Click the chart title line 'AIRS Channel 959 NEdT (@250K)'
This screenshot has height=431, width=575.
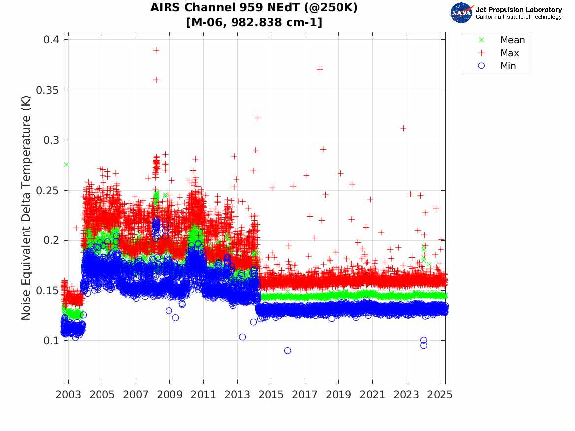254,8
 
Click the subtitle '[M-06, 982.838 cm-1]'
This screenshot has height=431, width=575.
254,22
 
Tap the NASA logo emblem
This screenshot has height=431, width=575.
461,13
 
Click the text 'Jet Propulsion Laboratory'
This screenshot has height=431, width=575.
518,10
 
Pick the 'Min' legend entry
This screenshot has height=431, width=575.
508,66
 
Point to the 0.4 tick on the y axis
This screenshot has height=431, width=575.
51,40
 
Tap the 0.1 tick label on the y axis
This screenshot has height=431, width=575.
51,341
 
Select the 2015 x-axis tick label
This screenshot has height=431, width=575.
271,395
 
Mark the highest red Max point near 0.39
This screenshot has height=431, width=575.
156,50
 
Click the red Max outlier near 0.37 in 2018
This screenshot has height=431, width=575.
320,69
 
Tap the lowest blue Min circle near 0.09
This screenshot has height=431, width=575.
288,351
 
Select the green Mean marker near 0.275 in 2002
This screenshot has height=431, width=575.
66,165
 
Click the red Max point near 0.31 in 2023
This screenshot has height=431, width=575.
403,128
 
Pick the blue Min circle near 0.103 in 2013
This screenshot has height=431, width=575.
242,337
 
